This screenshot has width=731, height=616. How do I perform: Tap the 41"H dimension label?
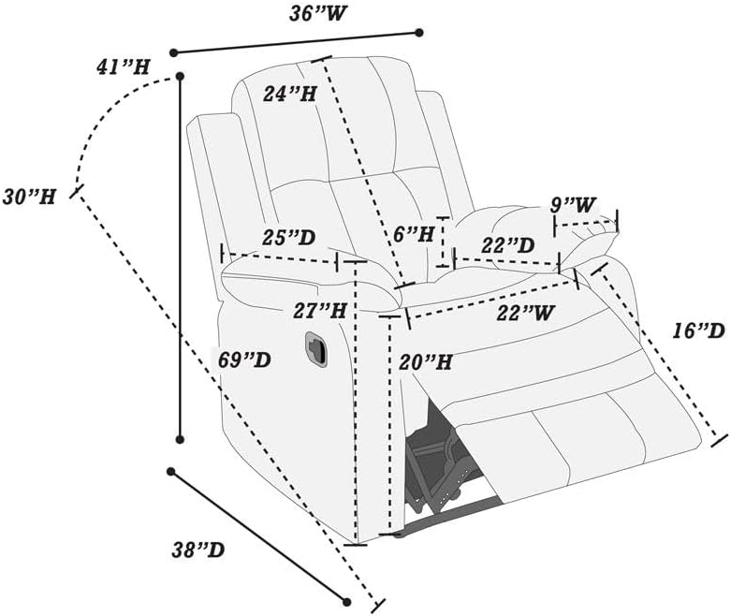click(124, 66)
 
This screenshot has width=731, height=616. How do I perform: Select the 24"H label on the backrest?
click(288, 94)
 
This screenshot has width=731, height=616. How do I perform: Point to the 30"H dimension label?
click(29, 196)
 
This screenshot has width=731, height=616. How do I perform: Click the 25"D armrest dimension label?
click(289, 238)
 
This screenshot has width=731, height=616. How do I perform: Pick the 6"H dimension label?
click(413, 234)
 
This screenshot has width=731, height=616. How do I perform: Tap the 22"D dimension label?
click(507, 245)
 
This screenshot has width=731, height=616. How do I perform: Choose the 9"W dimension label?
click(573, 203)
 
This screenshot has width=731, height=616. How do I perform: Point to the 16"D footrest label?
click(698, 330)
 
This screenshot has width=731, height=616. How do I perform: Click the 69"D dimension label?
click(244, 359)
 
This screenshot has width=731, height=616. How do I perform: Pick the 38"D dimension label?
click(197, 550)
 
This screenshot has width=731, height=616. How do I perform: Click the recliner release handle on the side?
click(314, 347)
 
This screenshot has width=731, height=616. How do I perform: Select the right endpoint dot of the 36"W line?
click(418, 32)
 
